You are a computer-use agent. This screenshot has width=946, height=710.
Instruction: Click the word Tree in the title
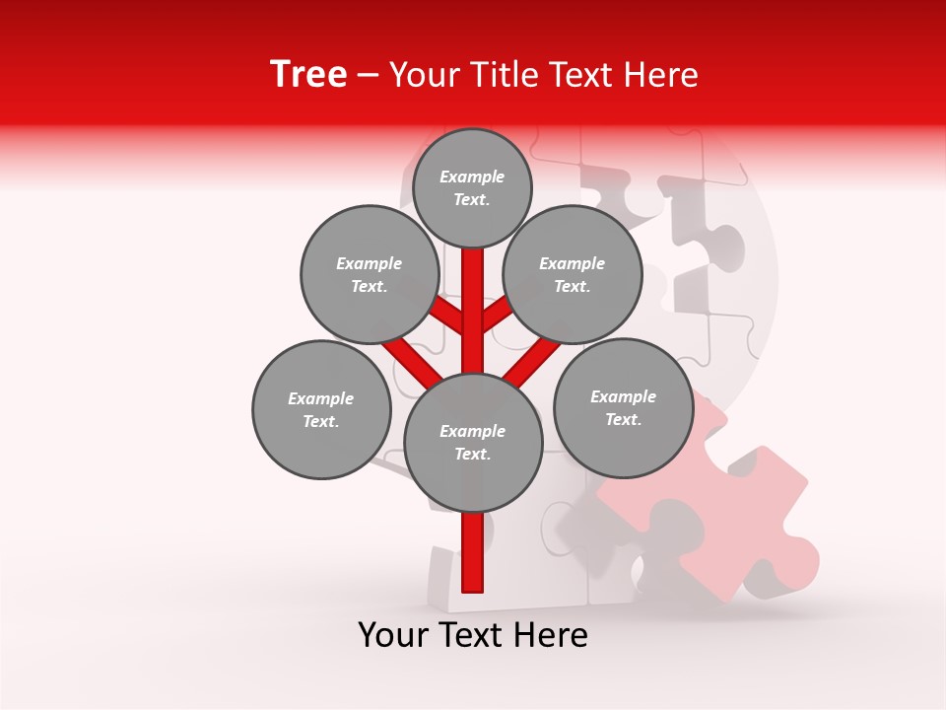click(308, 75)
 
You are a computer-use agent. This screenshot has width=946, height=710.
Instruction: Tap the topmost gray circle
click(472, 187)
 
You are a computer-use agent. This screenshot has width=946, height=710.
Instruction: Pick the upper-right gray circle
click(573, 274)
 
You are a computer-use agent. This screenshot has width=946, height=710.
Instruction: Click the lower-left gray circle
click(321, 409)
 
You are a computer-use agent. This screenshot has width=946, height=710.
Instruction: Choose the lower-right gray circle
click(624, 407)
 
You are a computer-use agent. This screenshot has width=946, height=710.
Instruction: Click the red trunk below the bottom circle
click(473, 552)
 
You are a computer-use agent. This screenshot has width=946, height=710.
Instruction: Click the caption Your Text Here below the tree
click(473, 635)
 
